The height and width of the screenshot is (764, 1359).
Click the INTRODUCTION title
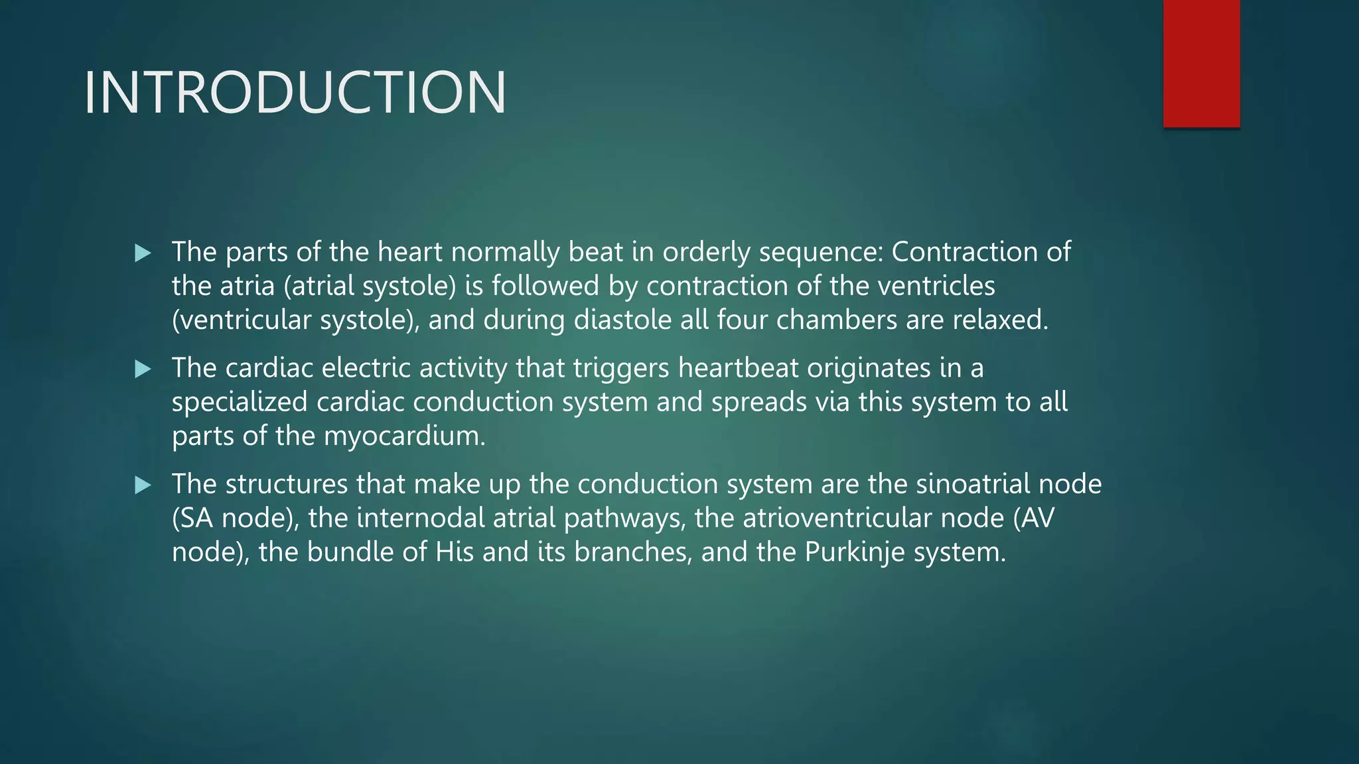click(295, 93)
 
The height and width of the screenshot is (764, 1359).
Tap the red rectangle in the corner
click(1201, 63)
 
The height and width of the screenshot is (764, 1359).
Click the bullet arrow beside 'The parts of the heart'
click(143, 253)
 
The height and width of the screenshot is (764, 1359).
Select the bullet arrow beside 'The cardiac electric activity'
click(143, 369)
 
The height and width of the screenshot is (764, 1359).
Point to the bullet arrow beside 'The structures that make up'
click(143, 485)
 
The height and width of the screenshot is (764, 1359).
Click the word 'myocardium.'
click(405, 436)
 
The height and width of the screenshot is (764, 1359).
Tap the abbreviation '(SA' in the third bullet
click(192, 519)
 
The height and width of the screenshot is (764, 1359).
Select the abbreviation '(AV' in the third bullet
click(1033, 519)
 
